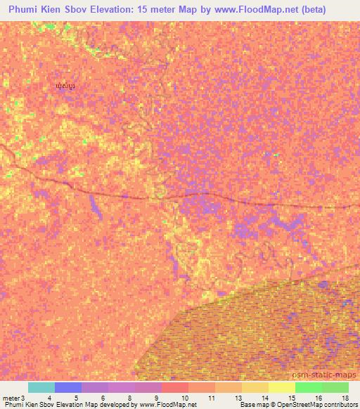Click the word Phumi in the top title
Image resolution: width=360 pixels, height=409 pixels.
pyautogui.click(x=25, y=11)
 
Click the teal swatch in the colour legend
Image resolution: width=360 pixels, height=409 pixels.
pyautogui.click(x=41, y=387)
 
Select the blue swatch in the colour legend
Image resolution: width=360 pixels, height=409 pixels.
pyautogui.click(x=68, y=387)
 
